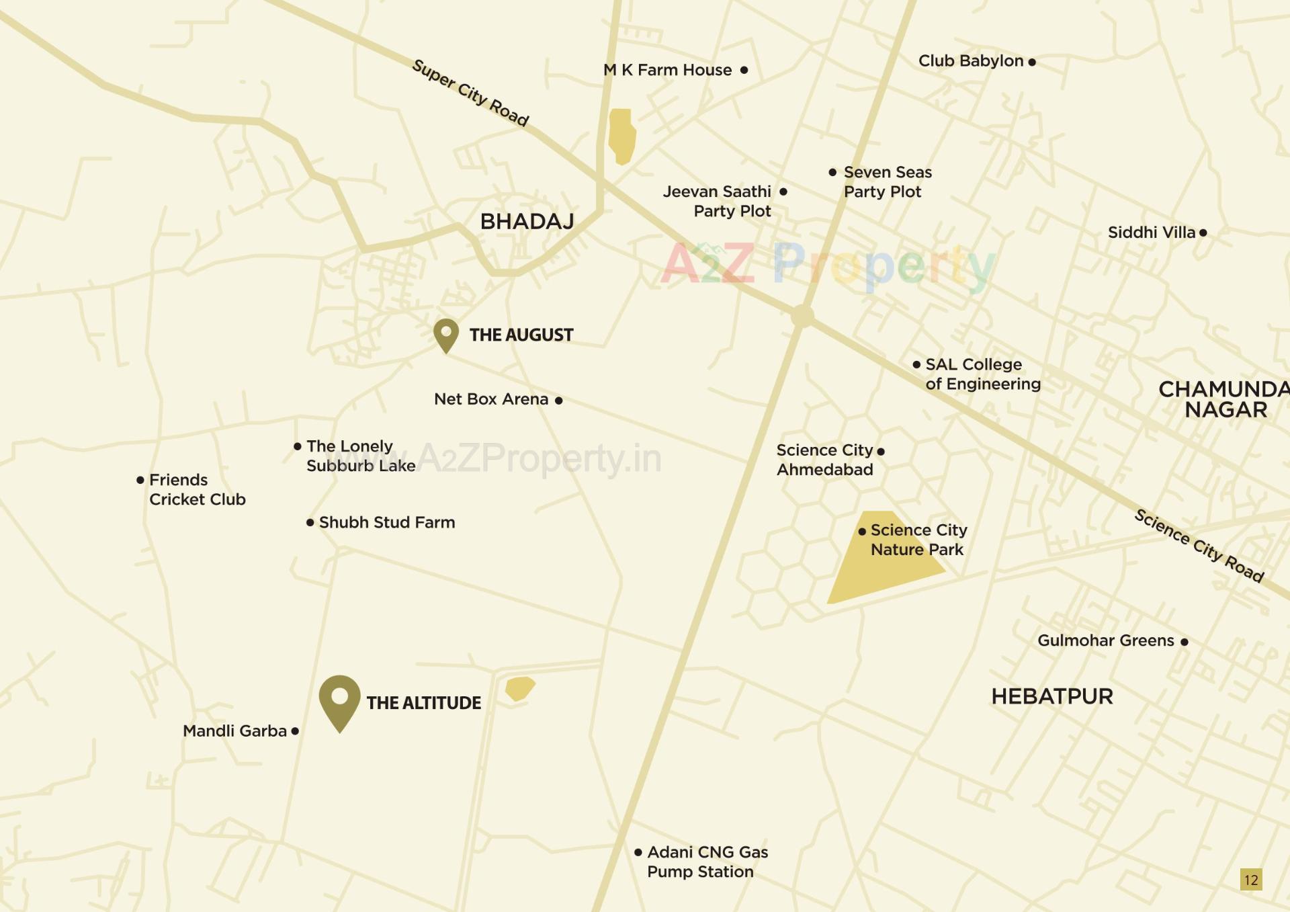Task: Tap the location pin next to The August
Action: pos(446,334)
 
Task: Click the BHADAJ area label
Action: pos(527,221)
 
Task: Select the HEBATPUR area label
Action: pos(1052,696)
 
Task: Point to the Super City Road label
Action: pos(470,93)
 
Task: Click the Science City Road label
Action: pos(1199,545)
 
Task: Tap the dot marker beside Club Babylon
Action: pos(1032,62)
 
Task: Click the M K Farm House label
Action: pos(667,70)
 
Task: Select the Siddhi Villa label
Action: pos(1152,233)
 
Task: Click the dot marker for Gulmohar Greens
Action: pos(1185,642)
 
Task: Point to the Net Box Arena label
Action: pos(491,399)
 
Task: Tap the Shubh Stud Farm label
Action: pos(387,522)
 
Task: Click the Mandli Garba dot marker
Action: pos(295,731)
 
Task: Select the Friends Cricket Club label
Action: pos(197,489)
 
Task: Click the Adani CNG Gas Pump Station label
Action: pos(707,862)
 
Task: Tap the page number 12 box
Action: pos(1251,880)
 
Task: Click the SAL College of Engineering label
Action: pos(982,374)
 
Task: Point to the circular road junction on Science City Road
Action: pos(802,316)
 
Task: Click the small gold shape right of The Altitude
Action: pos(519,688)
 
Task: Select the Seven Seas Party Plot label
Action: pos(887,182)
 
